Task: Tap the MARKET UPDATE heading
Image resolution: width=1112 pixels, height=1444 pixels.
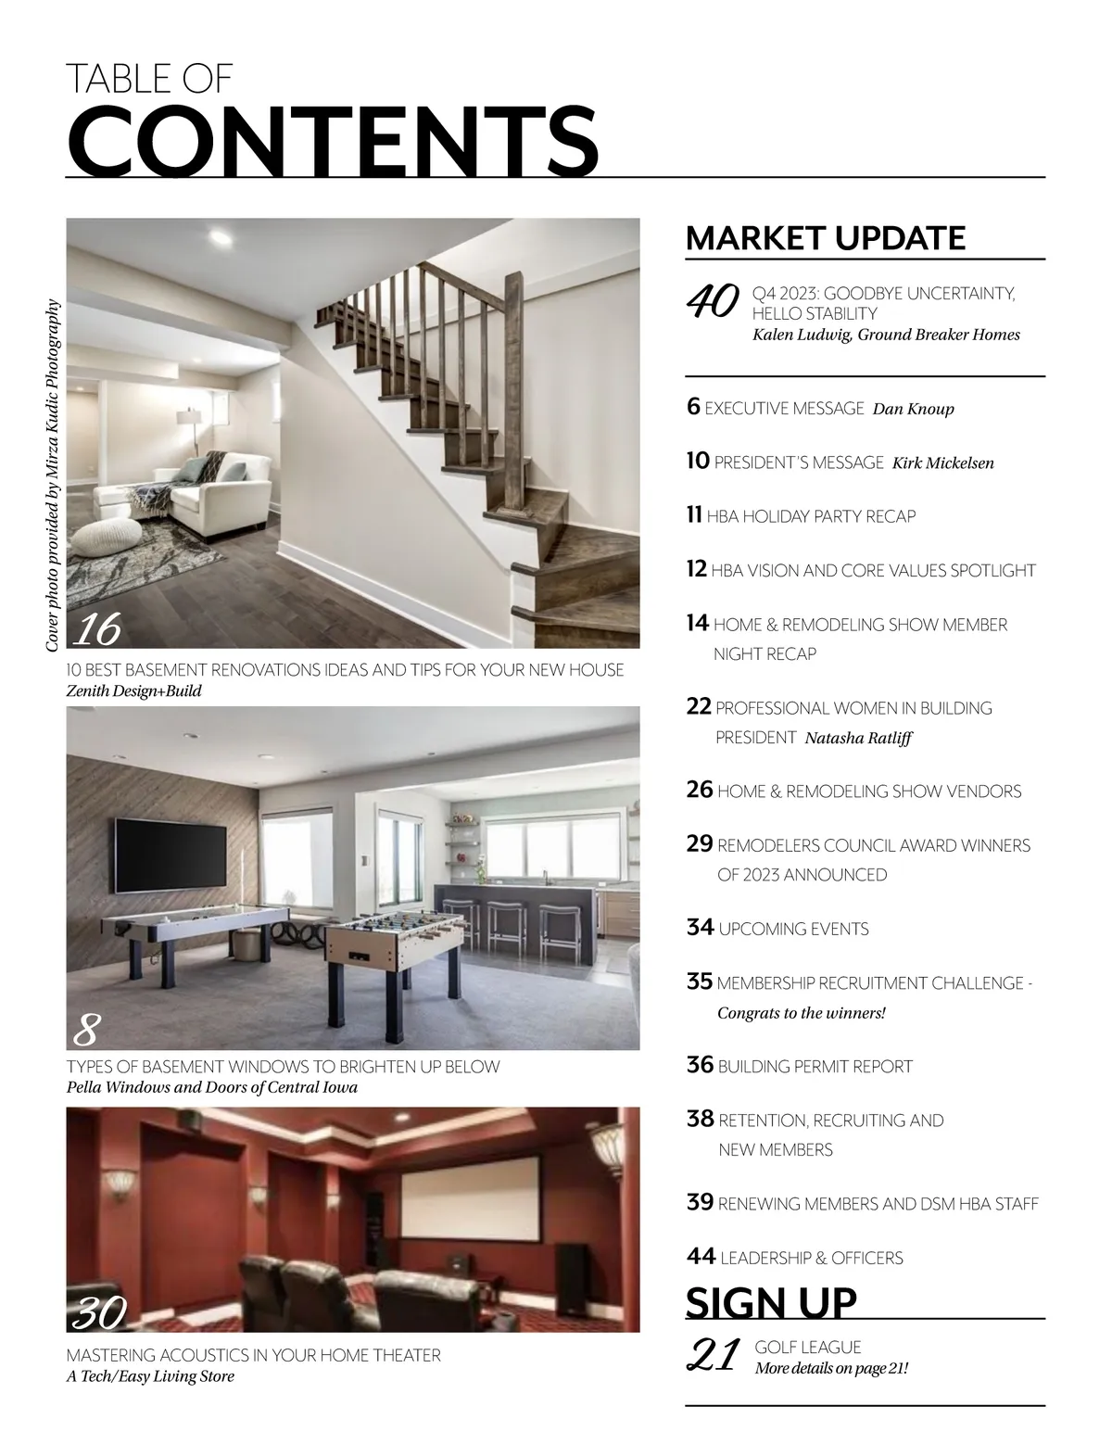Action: tap(825, 238)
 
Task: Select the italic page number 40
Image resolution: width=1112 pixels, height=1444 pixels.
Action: tap(712, 300)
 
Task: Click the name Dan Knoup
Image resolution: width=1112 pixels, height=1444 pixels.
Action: tap(913, 409)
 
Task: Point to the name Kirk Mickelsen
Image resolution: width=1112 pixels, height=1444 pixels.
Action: tap(942, 462)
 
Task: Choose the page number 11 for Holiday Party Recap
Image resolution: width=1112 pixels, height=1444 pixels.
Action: tap(694, 515)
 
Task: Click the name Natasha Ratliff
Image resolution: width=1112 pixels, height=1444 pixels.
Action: tap(858, 739)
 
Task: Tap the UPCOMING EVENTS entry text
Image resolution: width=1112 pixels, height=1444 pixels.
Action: tap(793, 929)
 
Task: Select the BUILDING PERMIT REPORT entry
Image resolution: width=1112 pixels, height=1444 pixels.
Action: tap(815, 1067)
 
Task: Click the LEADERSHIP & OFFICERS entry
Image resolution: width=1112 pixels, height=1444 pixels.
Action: tap(811, 1259)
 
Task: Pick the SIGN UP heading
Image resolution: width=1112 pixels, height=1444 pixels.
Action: tap(771, 1302)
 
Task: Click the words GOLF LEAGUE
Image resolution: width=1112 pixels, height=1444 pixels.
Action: tap(808, 1348)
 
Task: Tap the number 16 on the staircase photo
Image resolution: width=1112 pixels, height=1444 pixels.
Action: tap(96, 629)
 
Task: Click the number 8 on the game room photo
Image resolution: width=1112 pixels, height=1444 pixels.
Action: tap(85, 1029)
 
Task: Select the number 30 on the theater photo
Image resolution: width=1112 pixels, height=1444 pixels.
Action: tap(98, 1312)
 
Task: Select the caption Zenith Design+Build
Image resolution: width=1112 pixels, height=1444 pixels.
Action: tap(133, 691)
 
